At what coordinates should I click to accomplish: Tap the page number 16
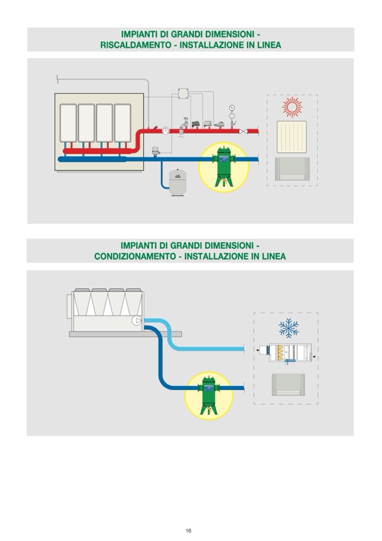coord(188,530)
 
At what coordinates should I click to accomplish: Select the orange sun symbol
coord(292,107)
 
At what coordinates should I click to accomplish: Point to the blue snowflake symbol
coord(289,328)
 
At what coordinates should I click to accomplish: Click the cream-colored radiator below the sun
coord(291,137)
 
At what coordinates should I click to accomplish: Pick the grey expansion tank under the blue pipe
coord(178,182)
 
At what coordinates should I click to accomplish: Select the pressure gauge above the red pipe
coord(231,108)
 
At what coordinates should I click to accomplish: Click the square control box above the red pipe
coord(183,94)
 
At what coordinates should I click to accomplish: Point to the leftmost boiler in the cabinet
coord(68,123)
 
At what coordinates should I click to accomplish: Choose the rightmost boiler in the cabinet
coord(122,123)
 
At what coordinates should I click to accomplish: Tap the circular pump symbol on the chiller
coord(136,320)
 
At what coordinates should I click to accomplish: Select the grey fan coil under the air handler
coord(288,385)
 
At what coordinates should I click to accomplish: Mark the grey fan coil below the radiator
coord(292,169)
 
